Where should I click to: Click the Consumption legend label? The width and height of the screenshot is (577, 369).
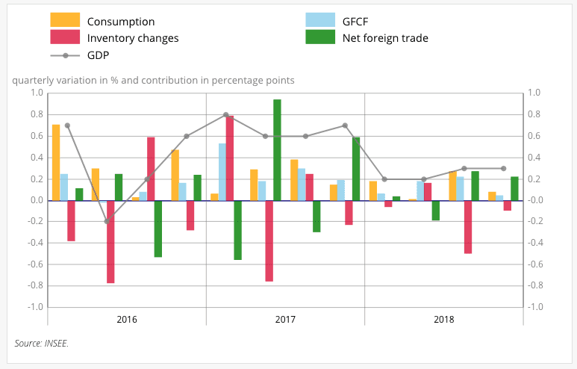tap(120, 22)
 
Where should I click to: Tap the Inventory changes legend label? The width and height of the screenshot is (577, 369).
tap(132, 38)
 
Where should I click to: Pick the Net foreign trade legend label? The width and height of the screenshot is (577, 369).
tap(385, 38)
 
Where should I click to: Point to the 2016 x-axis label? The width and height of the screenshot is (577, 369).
tap(127, 320)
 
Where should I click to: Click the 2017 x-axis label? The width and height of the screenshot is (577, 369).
tap(285, 320)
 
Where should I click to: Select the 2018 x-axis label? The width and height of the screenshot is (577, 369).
tap(443, 320)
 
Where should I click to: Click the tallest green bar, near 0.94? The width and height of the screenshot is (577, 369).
tap(277, 149)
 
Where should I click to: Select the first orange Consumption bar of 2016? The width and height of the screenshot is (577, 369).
tap(56, 162)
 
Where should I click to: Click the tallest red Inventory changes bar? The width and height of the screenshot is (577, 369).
tap(230, 158)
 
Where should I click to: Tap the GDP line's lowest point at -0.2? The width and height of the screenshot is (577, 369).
tap(107, 222)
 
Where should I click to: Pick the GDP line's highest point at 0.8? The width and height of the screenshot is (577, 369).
tap(225, 115)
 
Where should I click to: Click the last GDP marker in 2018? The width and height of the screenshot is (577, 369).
tap(503, 169)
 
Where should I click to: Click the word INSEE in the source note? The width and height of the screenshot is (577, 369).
tap(56, 344)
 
